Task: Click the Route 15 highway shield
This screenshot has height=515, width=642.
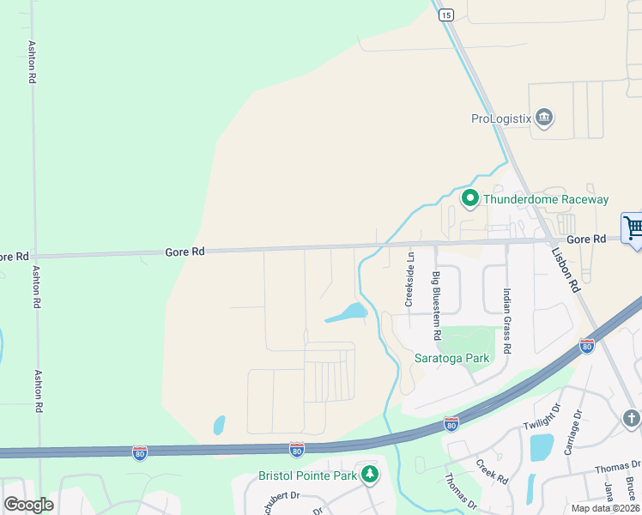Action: point(445,15)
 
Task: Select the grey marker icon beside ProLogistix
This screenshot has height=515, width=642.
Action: point(543,118)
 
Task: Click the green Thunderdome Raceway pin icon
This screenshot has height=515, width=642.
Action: point(470,199)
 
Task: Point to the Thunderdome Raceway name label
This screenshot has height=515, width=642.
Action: point(546,200)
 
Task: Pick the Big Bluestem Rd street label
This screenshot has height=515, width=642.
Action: point(437,305)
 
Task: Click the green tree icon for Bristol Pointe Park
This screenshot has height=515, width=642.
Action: point(370,474)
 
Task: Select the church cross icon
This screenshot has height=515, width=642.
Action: point(631,418)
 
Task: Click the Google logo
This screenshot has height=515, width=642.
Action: point(28,505)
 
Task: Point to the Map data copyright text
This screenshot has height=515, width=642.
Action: point(605,508)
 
